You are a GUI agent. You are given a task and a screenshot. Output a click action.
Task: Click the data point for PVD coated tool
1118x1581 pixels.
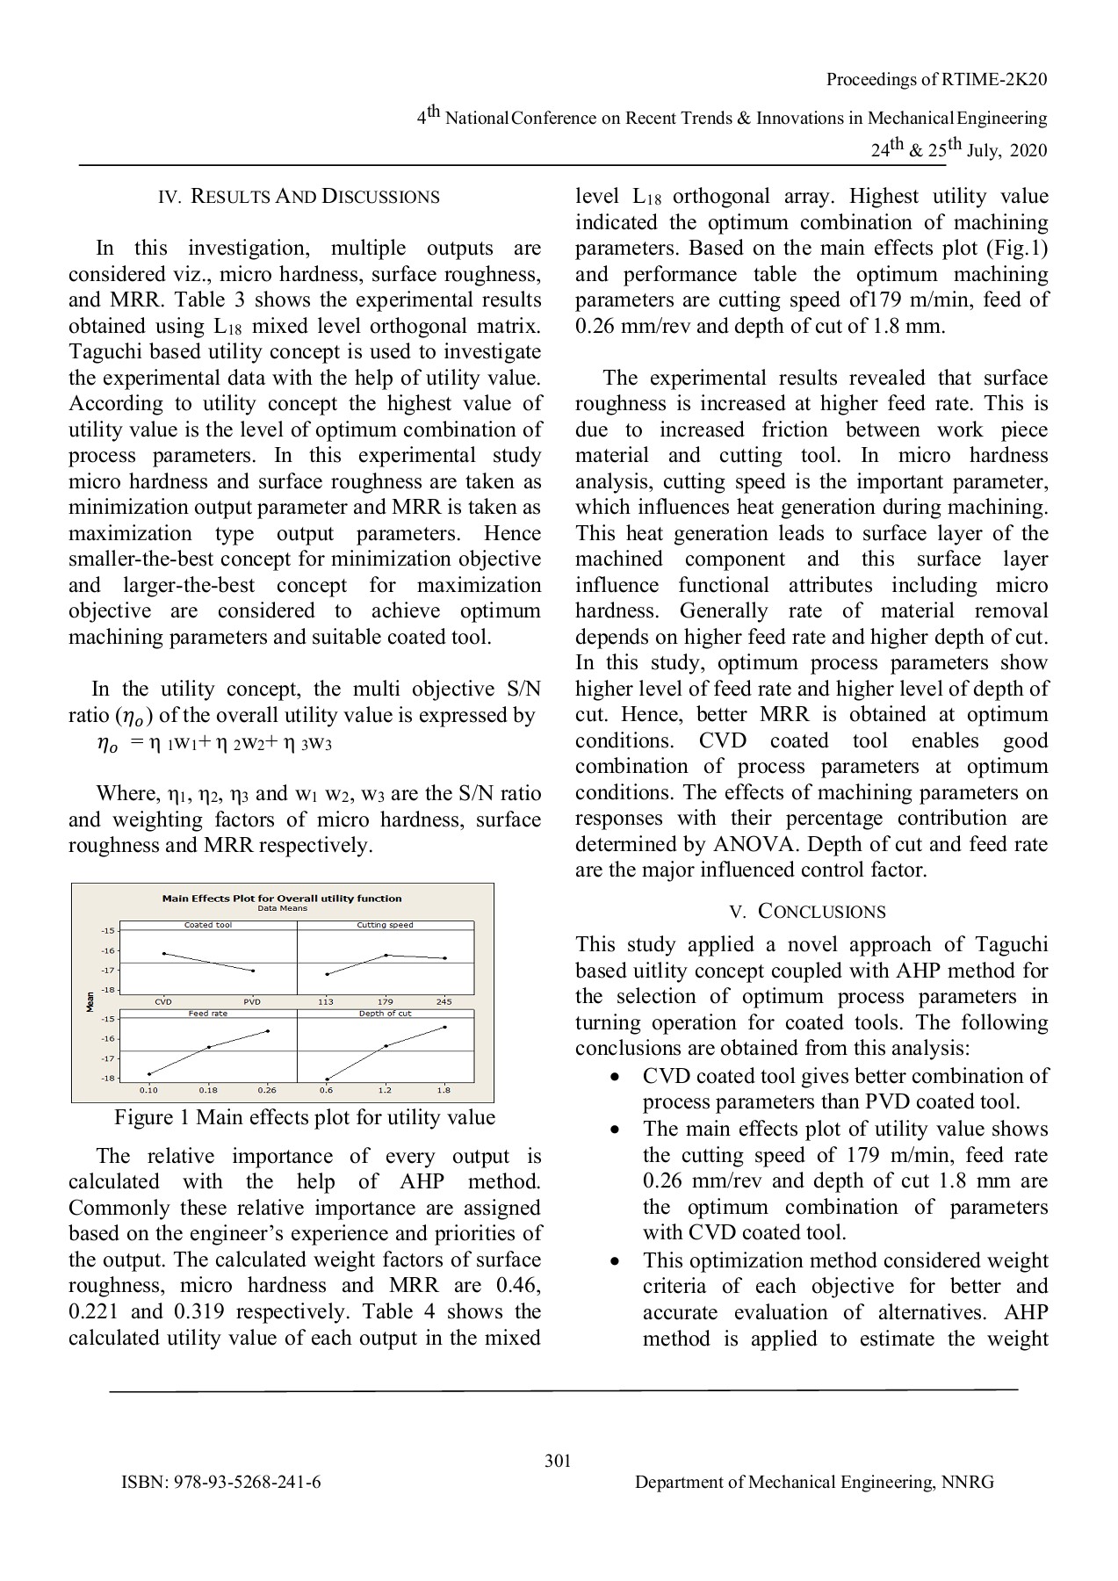click(x=253, y=971)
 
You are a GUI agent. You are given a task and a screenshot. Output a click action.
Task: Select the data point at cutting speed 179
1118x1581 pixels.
click(x=386, y=955)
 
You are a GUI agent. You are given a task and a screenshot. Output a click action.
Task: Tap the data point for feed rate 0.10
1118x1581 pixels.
click(x=149, y=1073)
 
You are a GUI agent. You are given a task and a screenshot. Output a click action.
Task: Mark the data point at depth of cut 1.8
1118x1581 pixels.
click(x=444, y=1027)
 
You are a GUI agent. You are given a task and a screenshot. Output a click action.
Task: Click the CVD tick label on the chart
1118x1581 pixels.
click(x=163, y=1001)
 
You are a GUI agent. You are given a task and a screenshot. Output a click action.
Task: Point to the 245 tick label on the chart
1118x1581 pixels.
click(x=444, y=1001)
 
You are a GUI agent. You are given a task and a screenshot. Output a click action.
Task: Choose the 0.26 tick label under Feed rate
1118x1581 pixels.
click(x=267, y=1090)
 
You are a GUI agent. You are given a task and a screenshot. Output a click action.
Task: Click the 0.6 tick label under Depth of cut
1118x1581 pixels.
click(x=326, y=1090)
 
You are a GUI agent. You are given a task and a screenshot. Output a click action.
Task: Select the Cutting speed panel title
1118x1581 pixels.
click(x=385, y=925)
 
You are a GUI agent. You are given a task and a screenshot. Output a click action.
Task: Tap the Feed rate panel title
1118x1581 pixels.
click(x=208, y=1014)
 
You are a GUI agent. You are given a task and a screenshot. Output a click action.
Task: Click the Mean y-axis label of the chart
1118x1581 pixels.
click(x=90, y=1001)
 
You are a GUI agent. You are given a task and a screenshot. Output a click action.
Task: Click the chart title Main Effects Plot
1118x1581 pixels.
click(x=282, y=899)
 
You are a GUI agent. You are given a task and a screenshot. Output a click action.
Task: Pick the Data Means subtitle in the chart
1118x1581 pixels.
click(x=282, y=909)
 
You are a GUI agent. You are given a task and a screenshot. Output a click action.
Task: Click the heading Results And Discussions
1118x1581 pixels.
click(x=299, y=197)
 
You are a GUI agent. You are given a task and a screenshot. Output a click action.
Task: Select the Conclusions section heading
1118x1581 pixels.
click(x=811, y=911)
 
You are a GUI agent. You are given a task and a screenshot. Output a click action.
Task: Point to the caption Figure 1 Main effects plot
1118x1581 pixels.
click(x=304, y=1117)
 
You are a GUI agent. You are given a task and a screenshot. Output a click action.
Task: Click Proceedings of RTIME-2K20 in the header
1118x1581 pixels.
click(x=936, y=80)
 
